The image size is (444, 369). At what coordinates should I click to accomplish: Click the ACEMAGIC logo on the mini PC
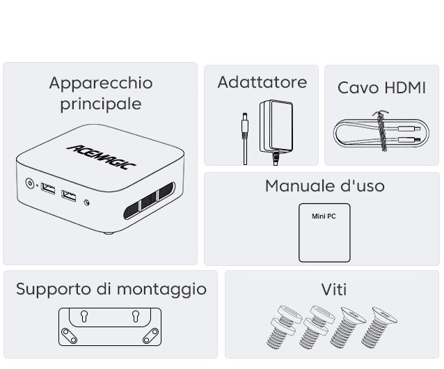point(102,157)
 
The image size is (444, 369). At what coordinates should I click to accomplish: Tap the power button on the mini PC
point(29,183)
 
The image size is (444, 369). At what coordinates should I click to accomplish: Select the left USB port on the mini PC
point(48,189)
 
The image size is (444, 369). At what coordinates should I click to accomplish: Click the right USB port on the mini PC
point(69,196)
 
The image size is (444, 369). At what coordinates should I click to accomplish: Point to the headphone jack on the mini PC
point(87,203)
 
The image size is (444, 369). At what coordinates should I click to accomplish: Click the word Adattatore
point(262,82)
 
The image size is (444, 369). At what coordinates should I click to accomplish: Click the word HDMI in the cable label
point(405,88)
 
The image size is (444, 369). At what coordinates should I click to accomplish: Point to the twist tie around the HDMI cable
point(381,131)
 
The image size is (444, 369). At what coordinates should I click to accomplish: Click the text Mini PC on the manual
point(324,217)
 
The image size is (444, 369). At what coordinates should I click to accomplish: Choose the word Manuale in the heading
point(299,186)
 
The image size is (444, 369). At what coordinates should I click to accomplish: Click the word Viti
point(334,290)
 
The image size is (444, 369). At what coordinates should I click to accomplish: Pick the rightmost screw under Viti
point(379,327)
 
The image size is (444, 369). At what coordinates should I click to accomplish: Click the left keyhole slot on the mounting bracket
point(84,316)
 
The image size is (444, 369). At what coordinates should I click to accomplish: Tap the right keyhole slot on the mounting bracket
point(136,316)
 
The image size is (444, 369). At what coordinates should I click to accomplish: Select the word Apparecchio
point(101,83)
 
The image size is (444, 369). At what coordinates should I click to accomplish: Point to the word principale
point(101,104)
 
